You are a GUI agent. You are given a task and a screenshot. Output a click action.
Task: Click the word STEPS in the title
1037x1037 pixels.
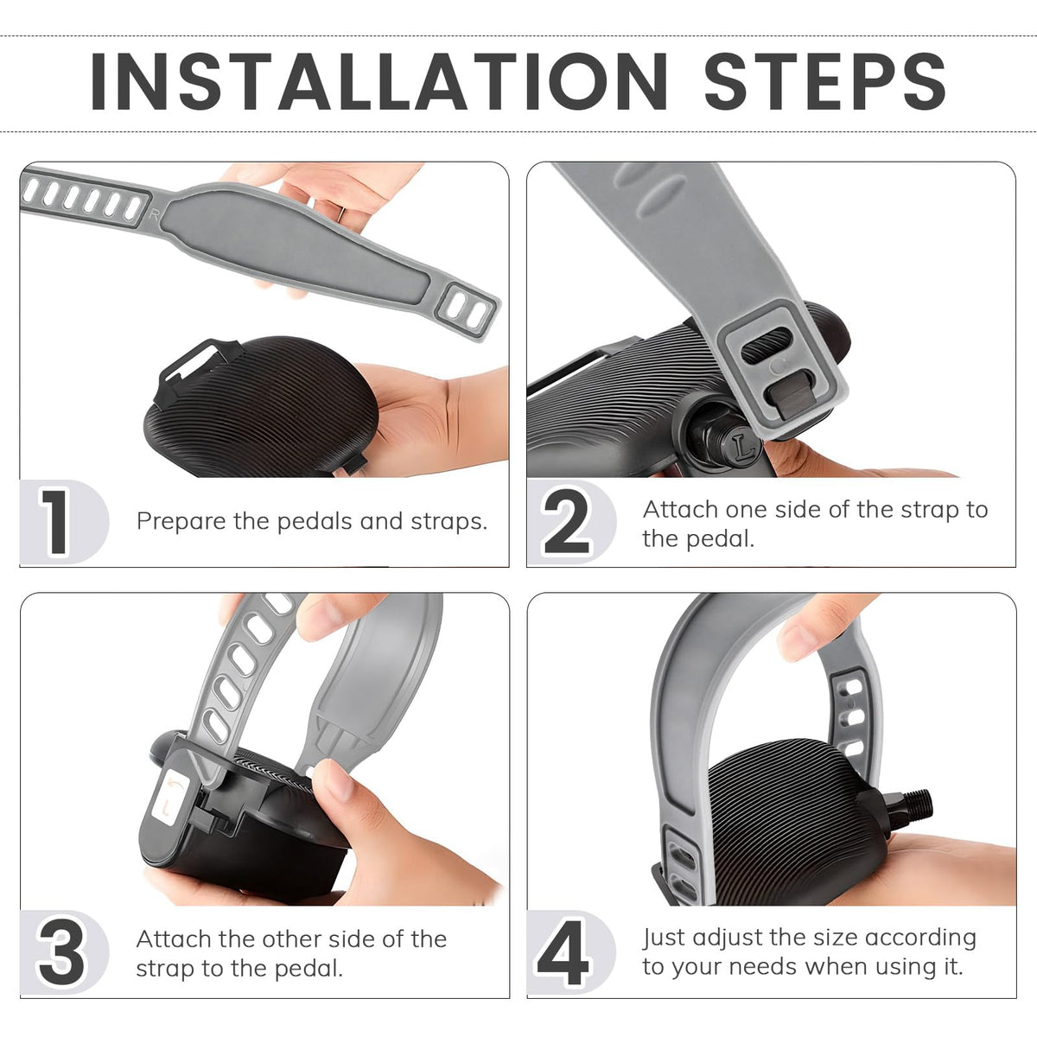(x=825, y=82)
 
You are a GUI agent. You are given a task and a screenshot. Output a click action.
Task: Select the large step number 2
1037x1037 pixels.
(x=566, y=521)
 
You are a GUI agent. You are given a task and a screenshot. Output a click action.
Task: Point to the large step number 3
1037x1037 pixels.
(x=60, y=952)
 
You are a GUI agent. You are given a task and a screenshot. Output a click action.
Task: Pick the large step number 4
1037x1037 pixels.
(x=563, y=952)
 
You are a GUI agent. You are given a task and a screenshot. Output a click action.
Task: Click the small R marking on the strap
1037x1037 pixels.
(x=154, y=215)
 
